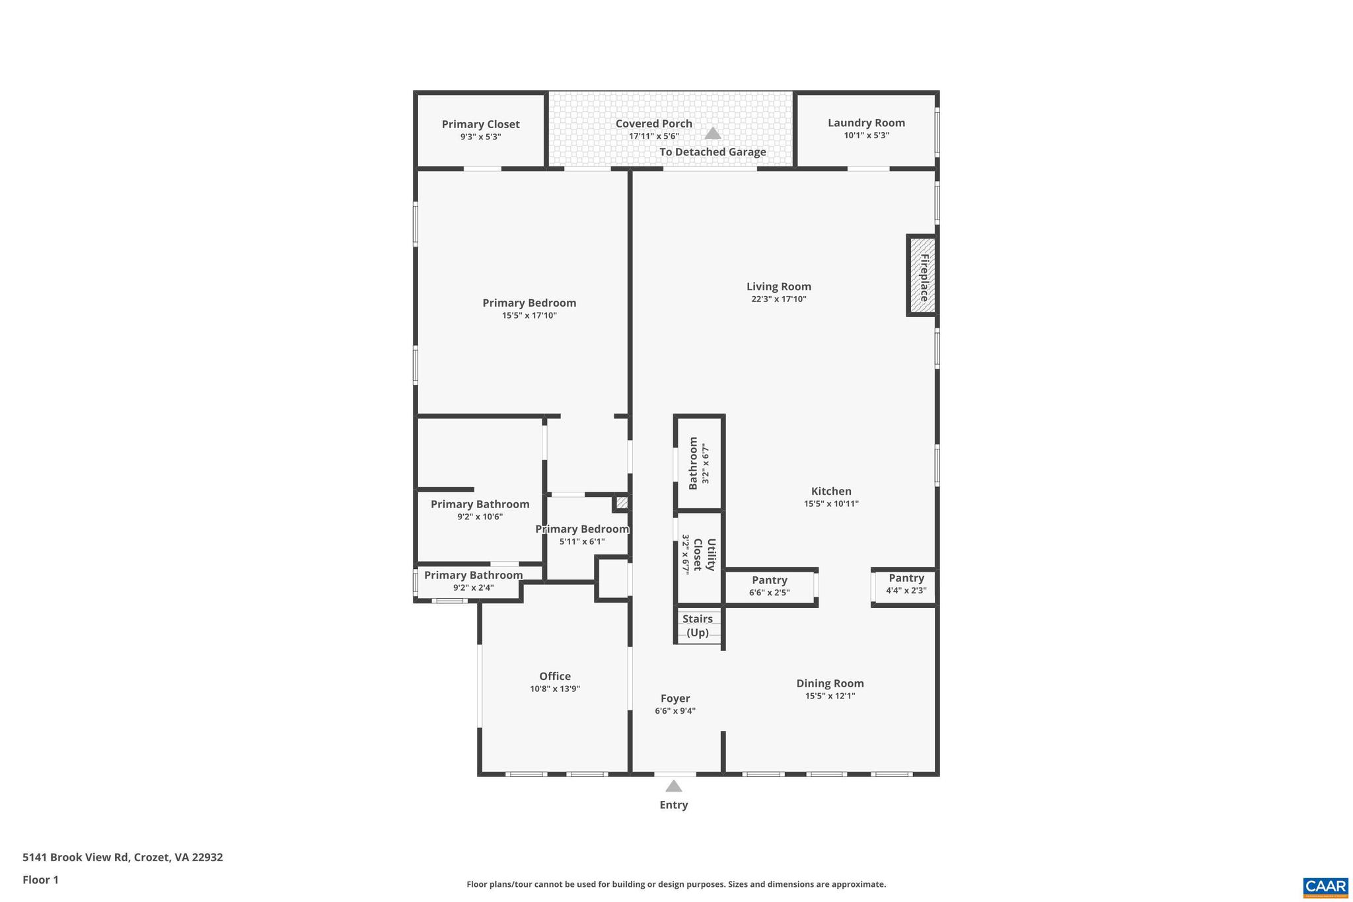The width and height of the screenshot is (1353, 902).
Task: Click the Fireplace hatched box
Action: [922, 276]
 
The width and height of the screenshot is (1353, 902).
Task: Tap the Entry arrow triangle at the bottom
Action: [673, 786]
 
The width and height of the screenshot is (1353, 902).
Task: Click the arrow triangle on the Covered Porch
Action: [712, 133]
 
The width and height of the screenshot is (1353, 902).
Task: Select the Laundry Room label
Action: [866, 123]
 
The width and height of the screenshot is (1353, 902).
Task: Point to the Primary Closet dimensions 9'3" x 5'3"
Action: [480, 137]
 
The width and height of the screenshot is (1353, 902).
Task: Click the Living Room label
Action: [778, 286]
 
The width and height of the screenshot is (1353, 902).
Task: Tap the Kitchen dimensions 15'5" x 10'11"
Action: [830, 504]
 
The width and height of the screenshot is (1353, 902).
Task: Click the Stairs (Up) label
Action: [698, 626]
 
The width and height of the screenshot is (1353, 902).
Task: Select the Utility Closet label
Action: [705, 554]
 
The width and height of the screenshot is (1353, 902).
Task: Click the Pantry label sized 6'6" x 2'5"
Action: [769, 580]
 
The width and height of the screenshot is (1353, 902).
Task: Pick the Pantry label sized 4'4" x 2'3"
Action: [906, 578]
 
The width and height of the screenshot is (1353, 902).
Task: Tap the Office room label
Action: [554, 676]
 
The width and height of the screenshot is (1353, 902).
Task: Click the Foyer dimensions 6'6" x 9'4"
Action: [675, 711]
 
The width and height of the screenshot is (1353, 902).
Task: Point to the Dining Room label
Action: [830, 683]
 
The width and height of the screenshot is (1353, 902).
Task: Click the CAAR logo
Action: [1325, 887]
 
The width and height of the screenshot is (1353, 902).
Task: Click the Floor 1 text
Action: [40, 880]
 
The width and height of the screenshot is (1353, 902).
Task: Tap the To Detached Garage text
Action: [712, 152]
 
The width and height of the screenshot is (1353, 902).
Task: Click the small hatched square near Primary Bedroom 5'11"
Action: [621, 502]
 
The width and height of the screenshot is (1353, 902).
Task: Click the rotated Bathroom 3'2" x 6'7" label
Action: [693, 463]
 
